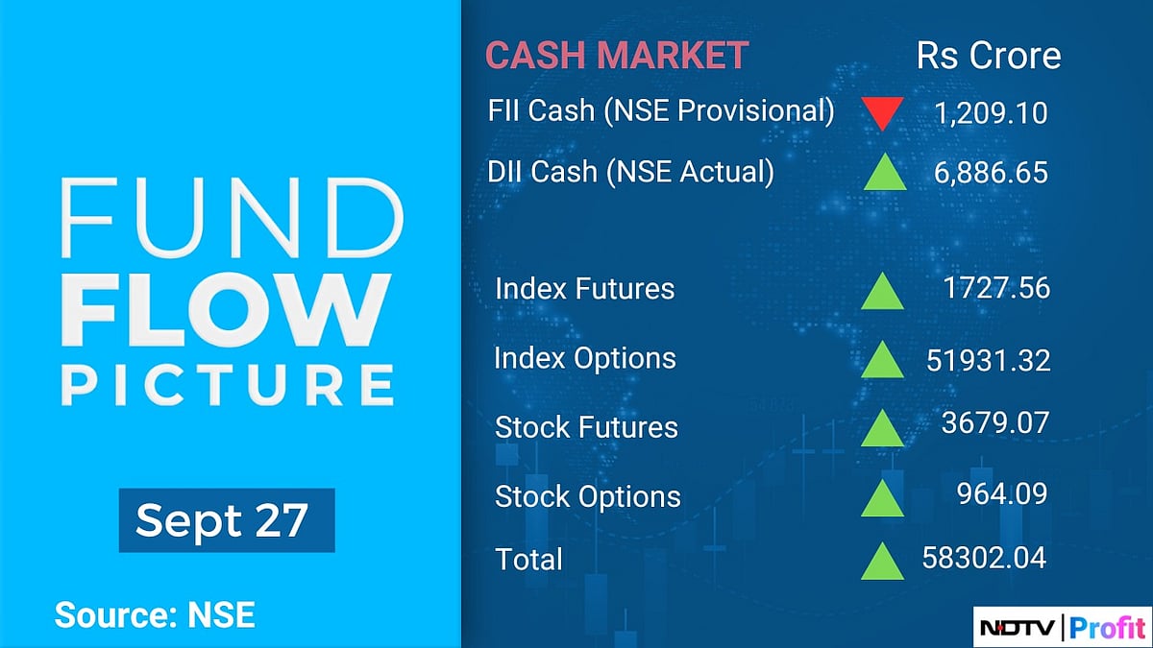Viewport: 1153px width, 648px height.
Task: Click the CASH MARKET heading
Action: [x=616, y=56]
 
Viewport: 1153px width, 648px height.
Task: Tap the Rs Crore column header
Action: [x=989, y=56]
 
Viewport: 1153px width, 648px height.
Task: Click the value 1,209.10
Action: [x=991, y=114]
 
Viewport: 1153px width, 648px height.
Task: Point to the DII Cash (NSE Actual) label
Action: [x=630, y=172]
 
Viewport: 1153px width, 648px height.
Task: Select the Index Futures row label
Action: [x=584, y=289]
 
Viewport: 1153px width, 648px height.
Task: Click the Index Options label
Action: [x=584, y=358]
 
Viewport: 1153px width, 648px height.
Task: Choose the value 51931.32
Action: [x=989, y=359]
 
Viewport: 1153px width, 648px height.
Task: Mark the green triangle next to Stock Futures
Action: [x=882, y=428]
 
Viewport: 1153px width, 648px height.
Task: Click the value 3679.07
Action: [x=994, y=422]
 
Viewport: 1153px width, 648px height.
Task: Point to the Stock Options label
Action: [x=587, y=496]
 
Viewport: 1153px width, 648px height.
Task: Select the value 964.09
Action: [x=1001, y=493]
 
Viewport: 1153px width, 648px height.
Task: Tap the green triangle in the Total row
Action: [x=882, y=562]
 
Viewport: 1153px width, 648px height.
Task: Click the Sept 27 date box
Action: [x=226, y=520]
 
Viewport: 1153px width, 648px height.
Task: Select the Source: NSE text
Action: [x=155, y=614]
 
